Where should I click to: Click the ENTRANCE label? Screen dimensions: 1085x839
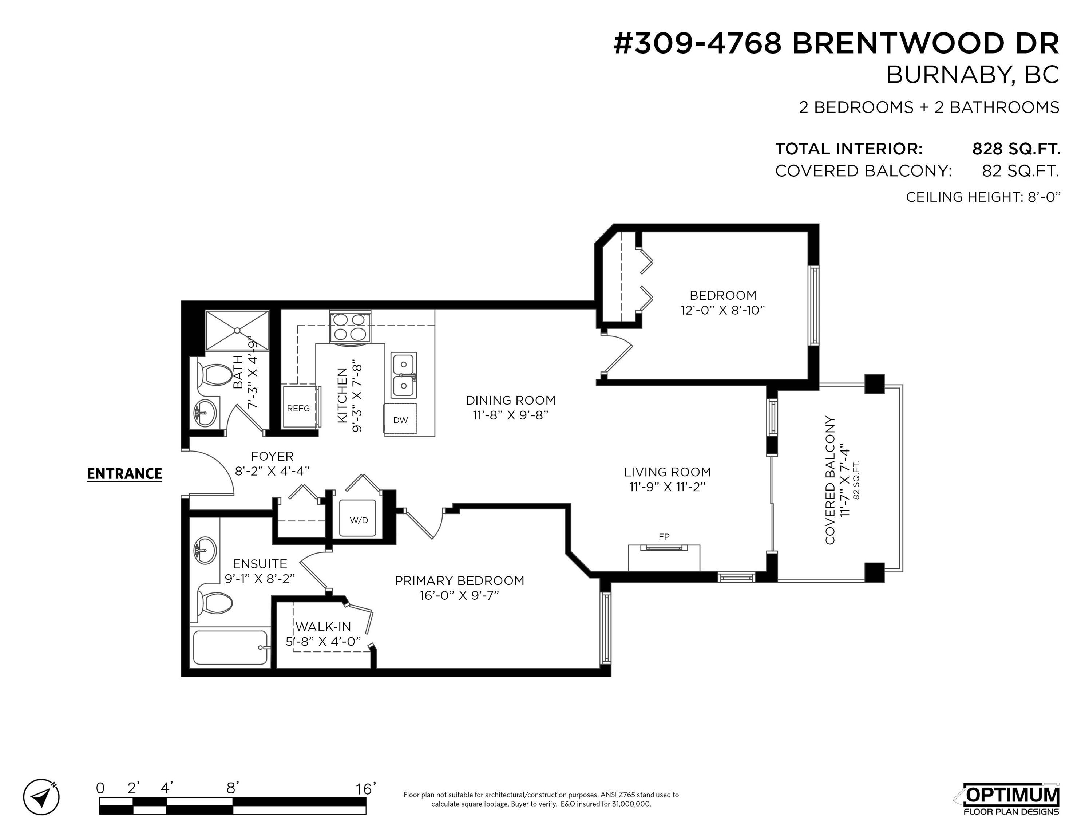124,474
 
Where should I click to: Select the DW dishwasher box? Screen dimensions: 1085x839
400,420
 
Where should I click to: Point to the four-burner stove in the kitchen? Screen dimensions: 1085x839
350,327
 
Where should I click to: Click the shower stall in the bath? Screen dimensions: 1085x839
237,331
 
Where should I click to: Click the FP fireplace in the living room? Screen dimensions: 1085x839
664,557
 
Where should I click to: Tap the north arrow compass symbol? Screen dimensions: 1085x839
41,797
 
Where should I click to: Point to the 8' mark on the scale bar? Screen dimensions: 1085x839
233,788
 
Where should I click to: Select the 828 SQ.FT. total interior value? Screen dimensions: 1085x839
1016,149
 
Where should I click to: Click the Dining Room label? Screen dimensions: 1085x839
510,400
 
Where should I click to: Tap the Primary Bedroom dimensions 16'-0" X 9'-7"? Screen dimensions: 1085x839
459,595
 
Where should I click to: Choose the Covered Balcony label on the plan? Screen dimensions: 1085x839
829,480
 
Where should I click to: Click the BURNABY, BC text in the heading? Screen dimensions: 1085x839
973,75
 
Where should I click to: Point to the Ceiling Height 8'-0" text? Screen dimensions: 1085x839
983,197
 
